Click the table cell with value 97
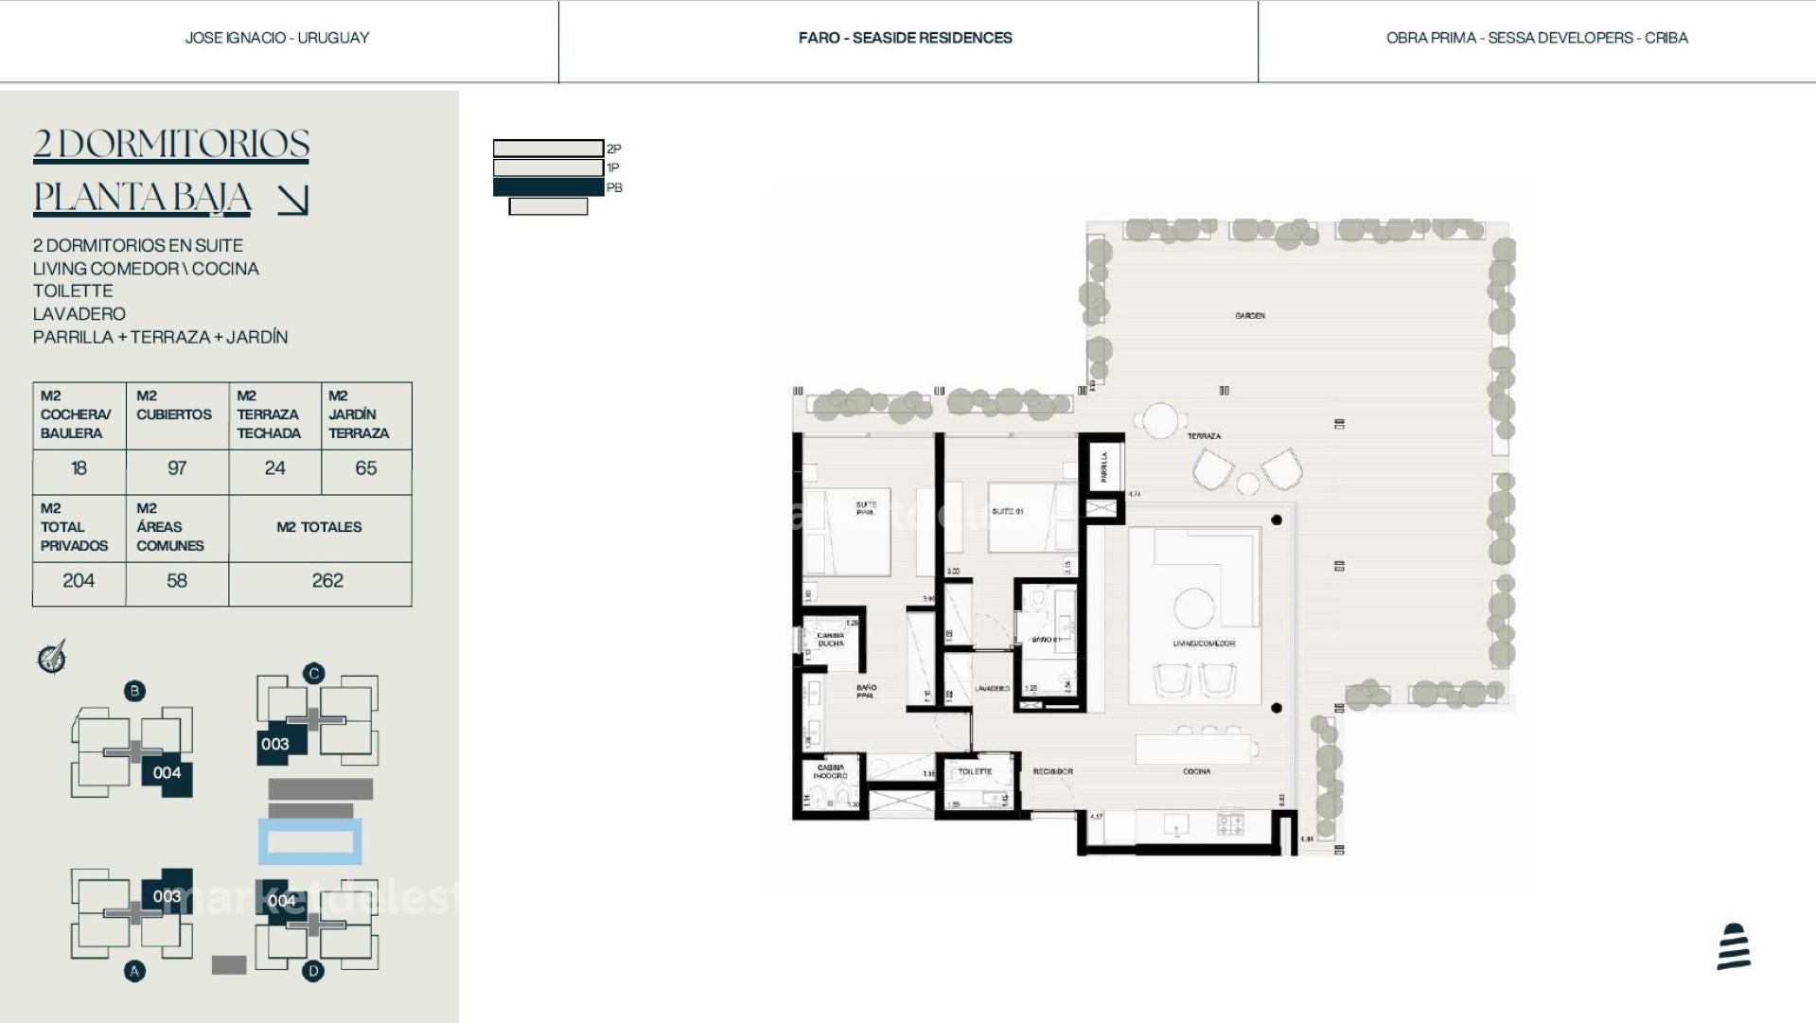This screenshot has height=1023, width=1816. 177,468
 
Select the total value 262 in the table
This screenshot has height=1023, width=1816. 327,581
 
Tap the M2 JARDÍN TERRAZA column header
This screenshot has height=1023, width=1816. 365,414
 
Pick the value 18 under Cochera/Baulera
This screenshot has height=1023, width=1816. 79,468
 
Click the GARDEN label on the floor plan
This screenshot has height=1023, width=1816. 1249,316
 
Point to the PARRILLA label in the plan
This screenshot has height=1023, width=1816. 1103,467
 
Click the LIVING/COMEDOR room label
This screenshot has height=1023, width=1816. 1204,644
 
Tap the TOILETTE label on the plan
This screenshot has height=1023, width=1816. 975,772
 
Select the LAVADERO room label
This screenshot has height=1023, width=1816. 992,689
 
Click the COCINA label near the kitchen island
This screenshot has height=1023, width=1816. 1196,772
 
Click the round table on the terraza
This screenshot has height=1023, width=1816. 1159,420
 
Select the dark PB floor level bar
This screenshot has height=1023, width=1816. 548,187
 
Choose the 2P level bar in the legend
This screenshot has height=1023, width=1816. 548,149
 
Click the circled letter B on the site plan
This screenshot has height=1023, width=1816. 134,691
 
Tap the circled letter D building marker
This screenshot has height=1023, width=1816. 313,971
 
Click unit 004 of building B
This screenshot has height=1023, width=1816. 167,773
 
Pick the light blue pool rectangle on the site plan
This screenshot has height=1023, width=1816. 310,841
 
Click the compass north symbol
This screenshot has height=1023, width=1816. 52,657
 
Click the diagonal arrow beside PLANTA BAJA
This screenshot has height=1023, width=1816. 292,200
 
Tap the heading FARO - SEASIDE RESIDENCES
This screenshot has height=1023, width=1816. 905,38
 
